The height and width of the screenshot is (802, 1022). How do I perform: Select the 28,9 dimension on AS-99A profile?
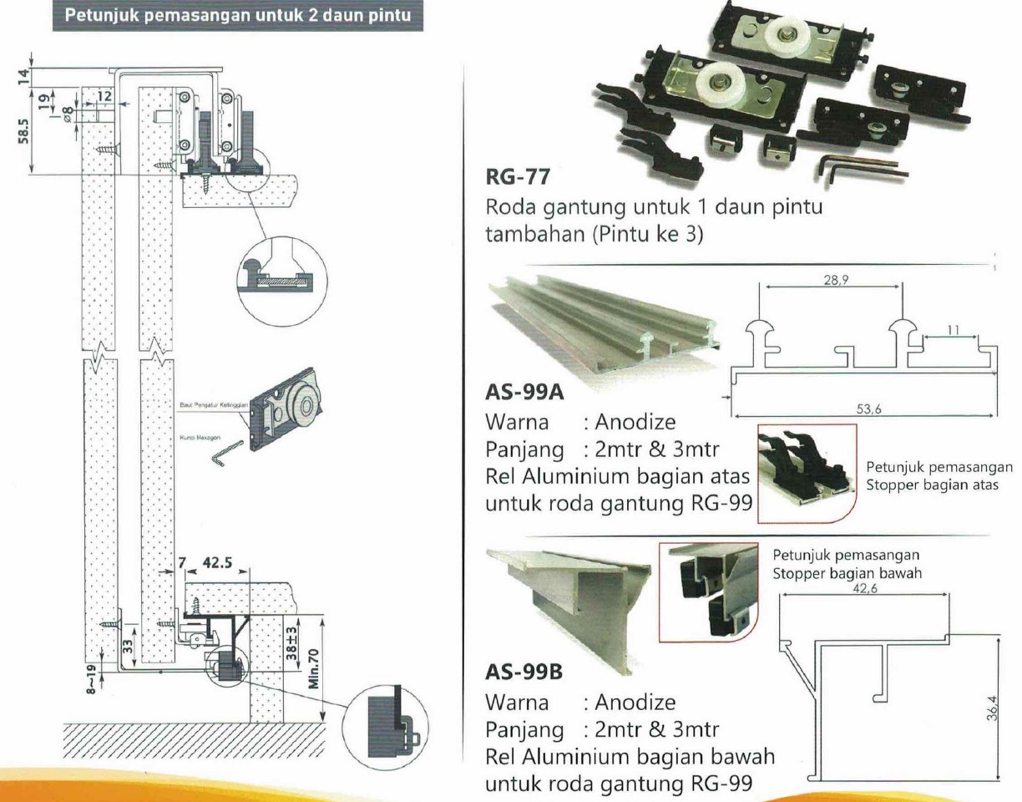(830, 283)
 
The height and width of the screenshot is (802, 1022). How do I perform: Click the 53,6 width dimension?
(864, 409)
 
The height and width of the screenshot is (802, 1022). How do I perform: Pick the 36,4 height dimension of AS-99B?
(991, 712)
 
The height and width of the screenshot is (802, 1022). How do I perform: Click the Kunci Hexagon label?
(198, 436)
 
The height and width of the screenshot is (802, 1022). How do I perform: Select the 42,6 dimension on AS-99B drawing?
(863, 587)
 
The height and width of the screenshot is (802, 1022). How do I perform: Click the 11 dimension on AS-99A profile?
(952, 331)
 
